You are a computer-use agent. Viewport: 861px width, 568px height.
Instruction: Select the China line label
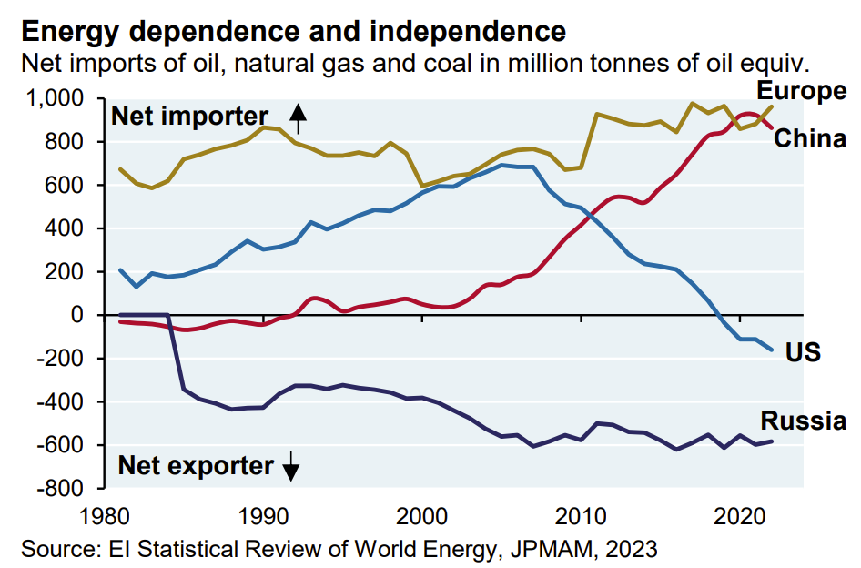(810, 139)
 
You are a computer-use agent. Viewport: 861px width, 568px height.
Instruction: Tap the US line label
(804, 350)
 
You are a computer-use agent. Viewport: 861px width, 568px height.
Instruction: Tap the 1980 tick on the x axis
(104, 516)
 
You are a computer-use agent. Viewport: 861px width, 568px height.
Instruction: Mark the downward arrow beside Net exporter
(290, 468)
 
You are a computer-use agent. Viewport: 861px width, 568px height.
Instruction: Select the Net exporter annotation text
(196, 466)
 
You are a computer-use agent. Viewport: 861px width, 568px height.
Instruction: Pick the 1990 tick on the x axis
(263, 516)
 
